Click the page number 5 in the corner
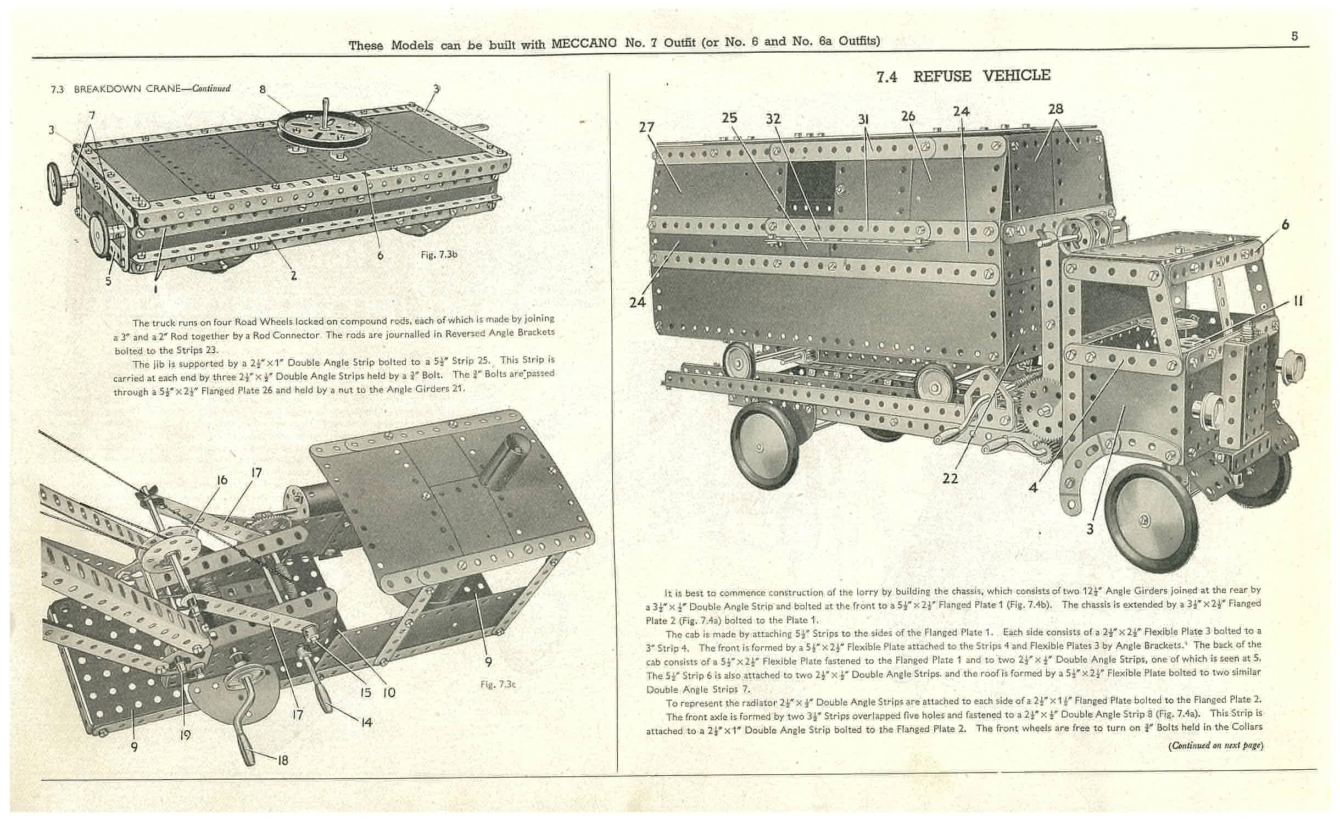click(x=1294, y=36)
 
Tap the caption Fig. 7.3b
click(x=439, y=254)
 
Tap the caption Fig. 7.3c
click(x=498, y=684)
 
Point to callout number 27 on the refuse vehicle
click(x=647, y=127)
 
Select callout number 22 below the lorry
click(x=950, y=478)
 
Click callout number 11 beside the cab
click(x=1297, y=302)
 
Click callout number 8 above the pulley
click(x=263, y=90)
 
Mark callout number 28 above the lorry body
click(x=1055, y=109)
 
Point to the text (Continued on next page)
click(x=1215, y=746)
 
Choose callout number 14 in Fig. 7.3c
click(x=366, y=723)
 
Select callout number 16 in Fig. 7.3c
click(x=222, y=480)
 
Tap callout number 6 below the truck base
click(x=380, y=256)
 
